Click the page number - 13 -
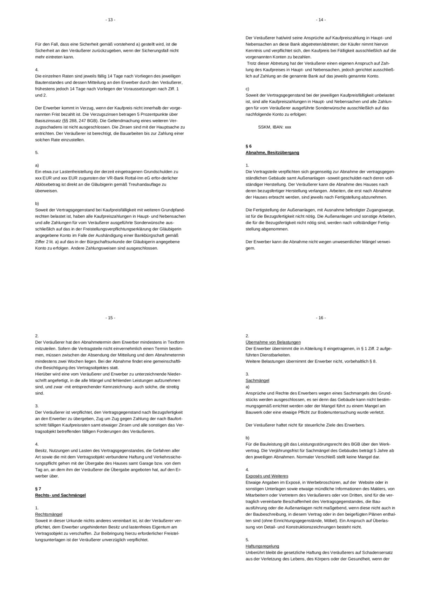(110, 20)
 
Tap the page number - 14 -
(321, 20)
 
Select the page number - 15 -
(110, 318)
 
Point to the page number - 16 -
(321, 318)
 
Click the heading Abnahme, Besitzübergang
(272, 153)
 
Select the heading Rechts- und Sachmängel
(60, 495)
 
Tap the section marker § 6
(249, 146)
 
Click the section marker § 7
(38, 488)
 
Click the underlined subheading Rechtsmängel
(49, 514)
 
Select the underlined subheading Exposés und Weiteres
(267, 476)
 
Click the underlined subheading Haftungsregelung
(262, 546)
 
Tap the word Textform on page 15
(176, 342)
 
